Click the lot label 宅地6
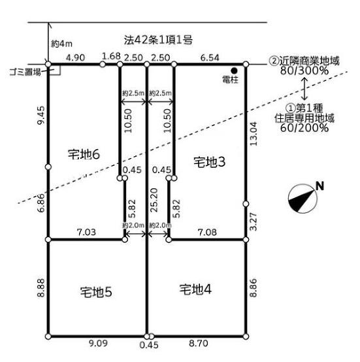(84, 154)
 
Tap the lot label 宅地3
(209, 162)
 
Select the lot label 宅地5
(96, 292)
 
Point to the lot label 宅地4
(195, 289)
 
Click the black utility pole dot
(235, 70)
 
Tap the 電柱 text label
(230, 80)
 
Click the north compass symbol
(303, 198)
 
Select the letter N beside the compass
(320, 186)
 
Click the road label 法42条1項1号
(158, 40)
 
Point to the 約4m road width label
(61, 43)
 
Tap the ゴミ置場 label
(25, 73)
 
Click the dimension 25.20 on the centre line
(154, 200)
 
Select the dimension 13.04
(253, 134)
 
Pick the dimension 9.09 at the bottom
(98, 343)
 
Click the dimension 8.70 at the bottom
(199, 343)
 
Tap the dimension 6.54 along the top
(210, 58)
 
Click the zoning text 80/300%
(304, 71)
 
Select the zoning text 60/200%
(304, 127)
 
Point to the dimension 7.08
(207, 232)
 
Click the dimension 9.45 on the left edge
(41, 116)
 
